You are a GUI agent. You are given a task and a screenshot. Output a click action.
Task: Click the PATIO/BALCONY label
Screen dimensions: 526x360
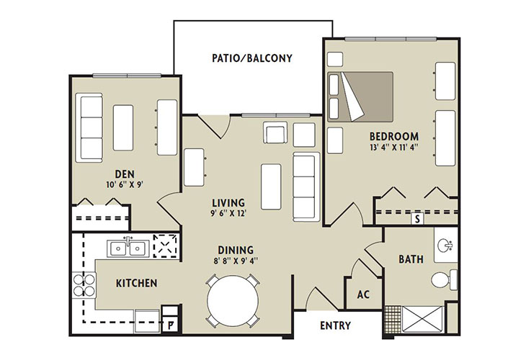coord(252,58)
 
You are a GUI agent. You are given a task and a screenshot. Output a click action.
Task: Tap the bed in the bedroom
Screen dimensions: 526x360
coord(360,96)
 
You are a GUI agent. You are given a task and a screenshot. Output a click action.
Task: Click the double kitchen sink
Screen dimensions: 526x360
coord(128,248)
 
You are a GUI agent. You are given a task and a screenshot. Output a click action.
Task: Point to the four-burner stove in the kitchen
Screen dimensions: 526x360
coord(84,285)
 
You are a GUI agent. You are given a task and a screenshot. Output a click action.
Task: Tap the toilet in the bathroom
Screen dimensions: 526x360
coord(444,279)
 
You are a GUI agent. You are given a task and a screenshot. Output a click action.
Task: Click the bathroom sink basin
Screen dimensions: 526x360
coord(445,245)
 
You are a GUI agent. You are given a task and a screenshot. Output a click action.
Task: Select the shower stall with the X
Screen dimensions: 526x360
coord(423,319)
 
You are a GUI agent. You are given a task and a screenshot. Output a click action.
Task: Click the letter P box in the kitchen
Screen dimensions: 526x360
coord(171,325)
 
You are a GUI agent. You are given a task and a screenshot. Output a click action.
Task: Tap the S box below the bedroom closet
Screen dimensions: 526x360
coord(417,219)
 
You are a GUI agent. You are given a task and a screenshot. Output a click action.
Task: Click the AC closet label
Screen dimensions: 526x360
coord(363,294)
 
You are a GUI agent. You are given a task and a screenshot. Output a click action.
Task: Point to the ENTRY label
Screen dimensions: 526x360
coord(336,325)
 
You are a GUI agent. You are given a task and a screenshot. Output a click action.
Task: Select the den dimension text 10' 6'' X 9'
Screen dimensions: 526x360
coord(125,185)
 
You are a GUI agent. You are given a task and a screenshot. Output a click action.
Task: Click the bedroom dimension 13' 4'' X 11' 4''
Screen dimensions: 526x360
coord(394,148)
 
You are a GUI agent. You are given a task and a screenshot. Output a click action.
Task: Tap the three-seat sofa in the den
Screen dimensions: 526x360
coord(89,127)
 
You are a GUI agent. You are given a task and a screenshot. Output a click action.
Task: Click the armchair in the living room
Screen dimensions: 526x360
coord(275,132)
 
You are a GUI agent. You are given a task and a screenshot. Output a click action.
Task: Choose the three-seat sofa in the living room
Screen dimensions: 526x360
coord(306,186)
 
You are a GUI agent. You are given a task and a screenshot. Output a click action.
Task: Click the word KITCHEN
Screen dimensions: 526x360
coord(136,283)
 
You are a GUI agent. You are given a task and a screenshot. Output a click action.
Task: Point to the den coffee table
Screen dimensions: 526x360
coord(123,127)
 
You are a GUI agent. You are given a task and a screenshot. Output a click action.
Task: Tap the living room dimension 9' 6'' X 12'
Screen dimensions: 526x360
coord(229,213)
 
